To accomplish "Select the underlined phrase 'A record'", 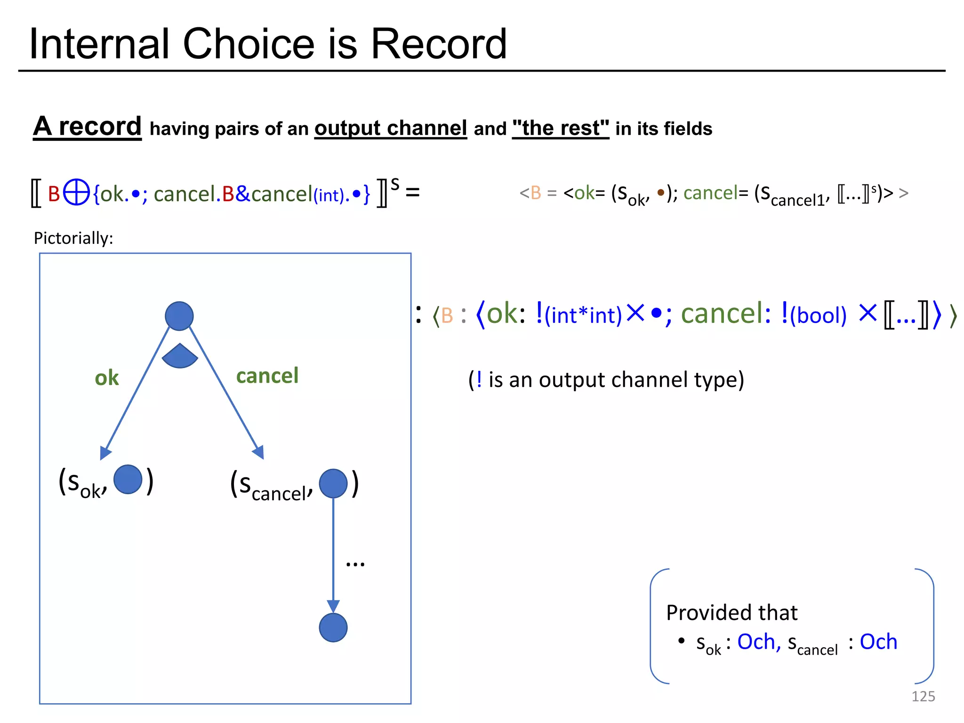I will pyautogui.click(x=88, y=127).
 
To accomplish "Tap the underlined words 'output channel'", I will pyautogui.click(x=391, y=128).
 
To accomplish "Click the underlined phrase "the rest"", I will pyautogui.click(x=560, y=128).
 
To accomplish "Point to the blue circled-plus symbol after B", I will pyautogui.click(x=76, y=193).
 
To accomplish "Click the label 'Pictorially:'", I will pyautogui.click(x=73, y=238).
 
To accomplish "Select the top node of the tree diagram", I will pyautogui.click(x=179, y=316).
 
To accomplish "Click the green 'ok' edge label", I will pyautogui.click(x=107, y=378).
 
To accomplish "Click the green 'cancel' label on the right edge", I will pyautogui.click(x=267, y=376).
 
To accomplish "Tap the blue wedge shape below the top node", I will pyautogui.click(x=180, y=357).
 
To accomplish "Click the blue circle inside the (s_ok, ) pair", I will pyautogui.click(x=128, y=479).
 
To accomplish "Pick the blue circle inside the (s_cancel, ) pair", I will pyautogui.click(x=333, y=483).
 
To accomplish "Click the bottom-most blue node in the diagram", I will pyautogui.click(x=333, y=627).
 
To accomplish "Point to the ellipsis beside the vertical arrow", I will pyautogui.click(x=355, y=563).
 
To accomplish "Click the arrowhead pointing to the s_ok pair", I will pyautogui.click(x=105, y=453).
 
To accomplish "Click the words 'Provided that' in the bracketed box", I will pyautogui.click(x=731, y=613).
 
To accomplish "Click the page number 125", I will pyautogui.click(x=923, y=696).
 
